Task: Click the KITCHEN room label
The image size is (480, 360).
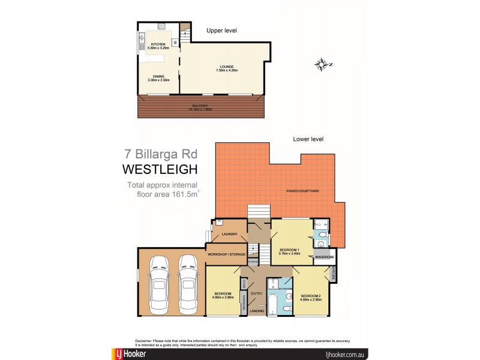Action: tap(158, 44)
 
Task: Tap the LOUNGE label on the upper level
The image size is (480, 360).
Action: tap(226, 67)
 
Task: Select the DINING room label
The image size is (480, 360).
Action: tap(158, 76)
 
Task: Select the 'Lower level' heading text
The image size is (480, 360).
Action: tap(308, 139)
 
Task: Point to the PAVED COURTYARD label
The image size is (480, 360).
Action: tap(302, 191)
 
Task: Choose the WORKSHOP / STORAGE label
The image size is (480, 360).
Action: tap(226, 254)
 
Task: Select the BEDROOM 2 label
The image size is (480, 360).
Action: tap(311, 296)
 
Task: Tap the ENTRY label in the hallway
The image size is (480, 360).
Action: tap(257, 293)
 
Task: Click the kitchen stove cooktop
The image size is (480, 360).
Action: tap(160, 26)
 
